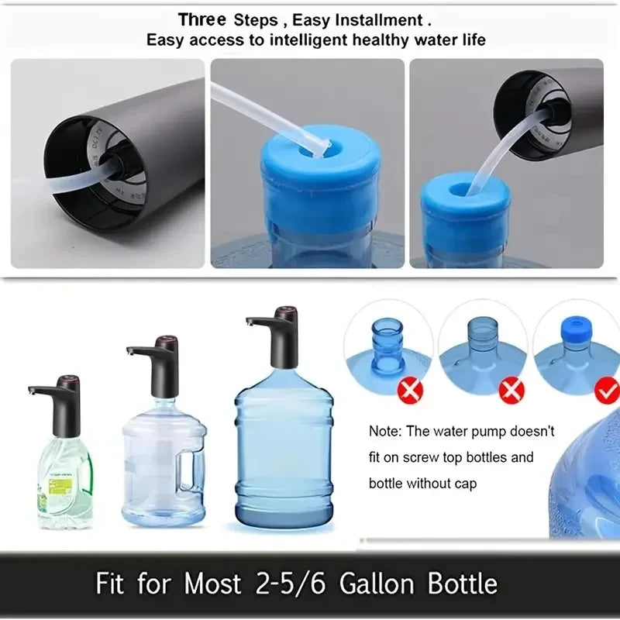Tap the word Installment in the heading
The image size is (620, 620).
pyautogui.click(x=373, y=19)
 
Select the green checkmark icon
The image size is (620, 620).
pyautogui.click(x=606, y=391)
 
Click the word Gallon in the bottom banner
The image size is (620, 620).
pyautogui.click(x=378, y=584)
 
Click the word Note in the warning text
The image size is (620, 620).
pyautogui.click(x=385, y=432)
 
